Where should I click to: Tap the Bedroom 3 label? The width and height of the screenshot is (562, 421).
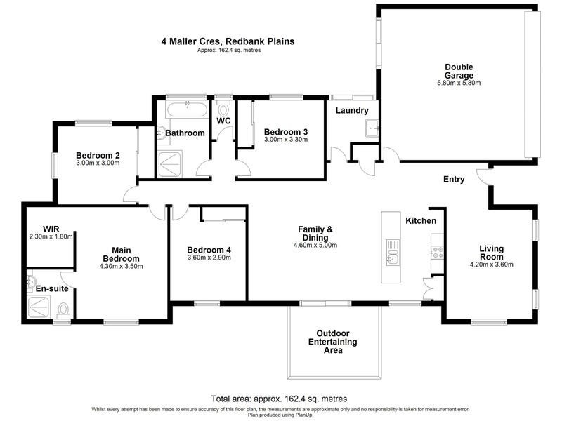coord(285,132)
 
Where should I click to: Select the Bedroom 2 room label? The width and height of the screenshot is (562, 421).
coord(98,155)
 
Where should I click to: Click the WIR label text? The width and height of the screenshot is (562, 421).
coord(51,229)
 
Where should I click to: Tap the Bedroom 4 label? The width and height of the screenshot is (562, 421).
coord(209,250)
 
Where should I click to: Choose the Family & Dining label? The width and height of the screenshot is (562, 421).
coord(315,234)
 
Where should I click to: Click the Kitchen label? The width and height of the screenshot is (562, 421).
coord(421,221)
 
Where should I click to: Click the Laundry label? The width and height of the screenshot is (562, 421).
coord(352,111)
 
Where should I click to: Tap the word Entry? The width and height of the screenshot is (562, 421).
coord(454,180)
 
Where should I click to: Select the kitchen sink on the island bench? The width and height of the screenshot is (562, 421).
coord(392,260)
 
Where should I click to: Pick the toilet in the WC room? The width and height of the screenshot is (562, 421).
coord(224,110)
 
